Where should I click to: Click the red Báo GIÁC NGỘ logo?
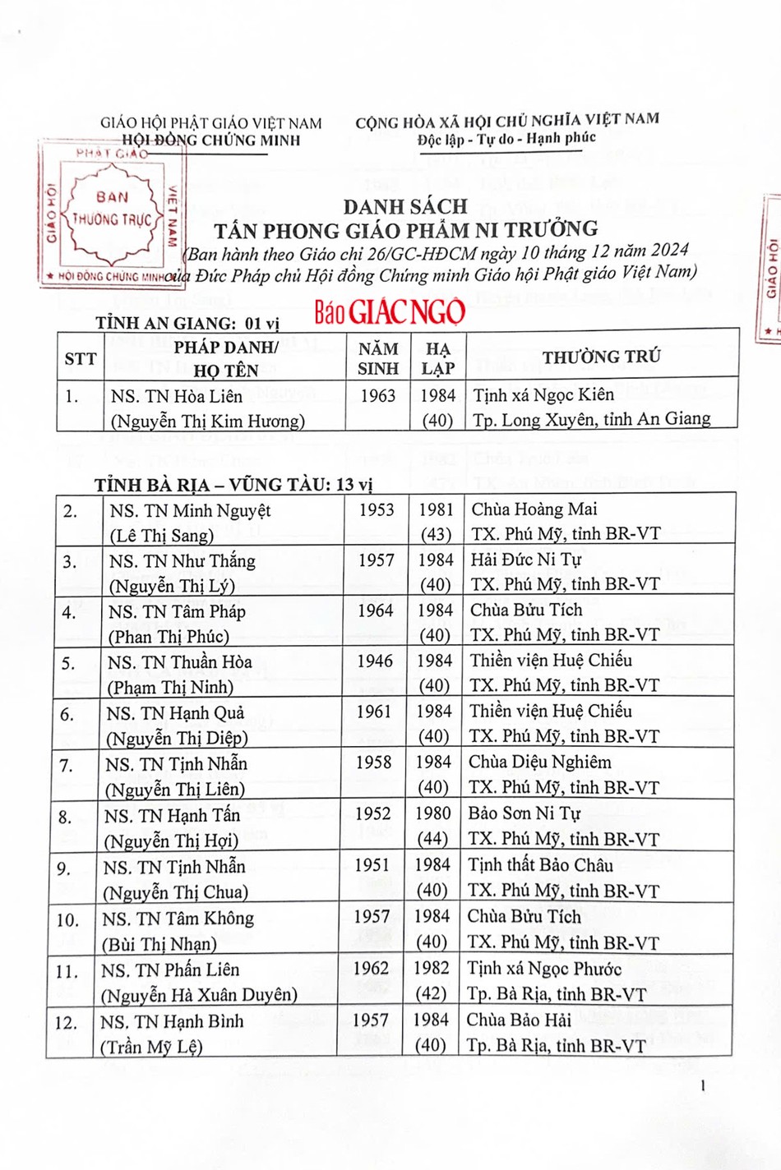coord(390,311)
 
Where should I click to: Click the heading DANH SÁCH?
coord(405,206)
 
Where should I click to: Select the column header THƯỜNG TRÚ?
coord(601,357)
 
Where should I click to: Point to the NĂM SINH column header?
coord(378,359)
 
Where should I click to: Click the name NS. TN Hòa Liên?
coord(177,396)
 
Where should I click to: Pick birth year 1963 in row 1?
coord(378,395)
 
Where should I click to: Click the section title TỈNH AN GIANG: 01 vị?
coord(187,323)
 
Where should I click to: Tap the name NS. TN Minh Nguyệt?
coord(190,510)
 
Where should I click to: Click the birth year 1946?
coord(375,661)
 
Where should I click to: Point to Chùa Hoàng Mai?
coord(534,509)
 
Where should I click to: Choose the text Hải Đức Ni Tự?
coord(526,560)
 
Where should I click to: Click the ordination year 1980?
coord(433,813)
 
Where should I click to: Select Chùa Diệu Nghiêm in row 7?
coord(540,762)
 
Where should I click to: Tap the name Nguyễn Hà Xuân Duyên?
coord(199,996)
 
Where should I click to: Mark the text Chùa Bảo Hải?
coord(519,1020)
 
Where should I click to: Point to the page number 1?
coord(703,1086)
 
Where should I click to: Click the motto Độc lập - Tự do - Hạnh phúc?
coord(506,139)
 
